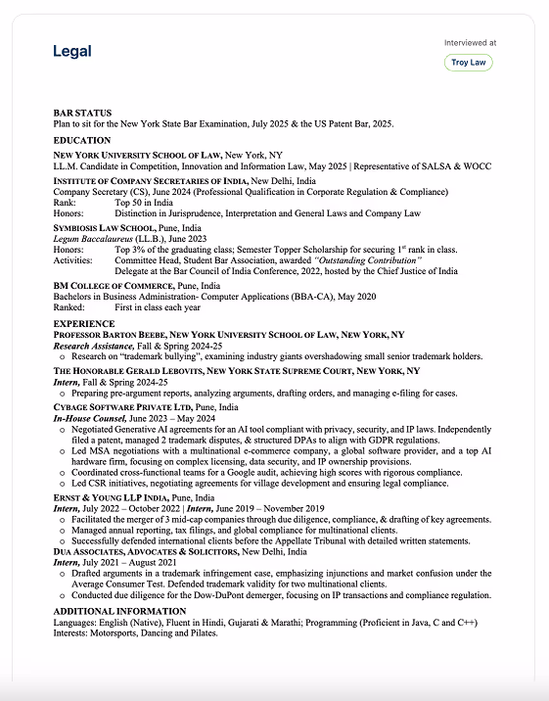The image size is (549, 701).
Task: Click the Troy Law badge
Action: coord(468,63)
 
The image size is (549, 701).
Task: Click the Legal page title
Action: coord(72,51)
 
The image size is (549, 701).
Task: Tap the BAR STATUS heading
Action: coord(82,114)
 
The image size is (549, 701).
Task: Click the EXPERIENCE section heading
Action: coord(84,324)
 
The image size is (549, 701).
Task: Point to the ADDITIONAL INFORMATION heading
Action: coord(120,611)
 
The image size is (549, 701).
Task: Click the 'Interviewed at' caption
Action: coord(470,43)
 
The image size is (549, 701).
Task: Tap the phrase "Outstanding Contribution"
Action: coord(367,260)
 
